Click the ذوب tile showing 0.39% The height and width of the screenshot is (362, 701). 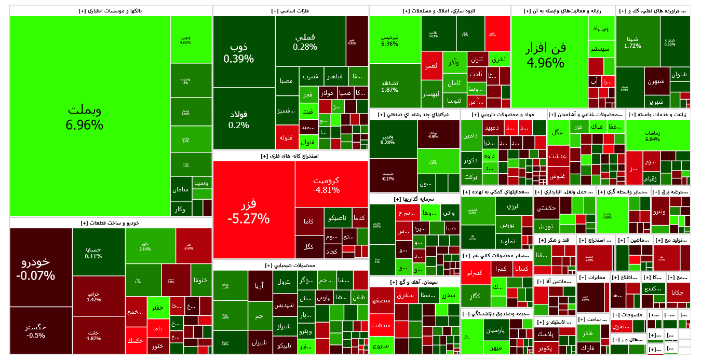(x=244, y=51)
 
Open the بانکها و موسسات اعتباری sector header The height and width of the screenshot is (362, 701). (x=111, y=10)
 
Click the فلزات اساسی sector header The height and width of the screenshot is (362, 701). (x=291, y=10)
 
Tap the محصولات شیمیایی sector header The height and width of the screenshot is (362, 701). (x=291, y=265)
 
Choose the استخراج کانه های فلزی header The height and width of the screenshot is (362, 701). (x=291, y=156)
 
